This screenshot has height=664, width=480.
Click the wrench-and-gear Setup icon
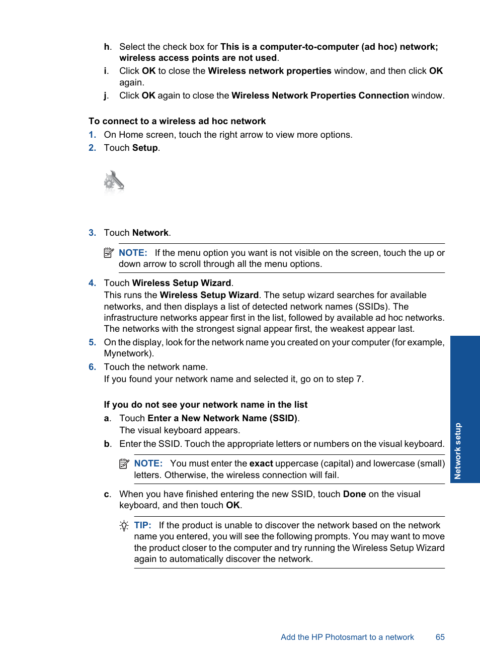coord(114,181)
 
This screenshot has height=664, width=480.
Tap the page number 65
coord(440,637)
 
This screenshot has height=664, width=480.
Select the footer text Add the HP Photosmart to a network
coord(347,637)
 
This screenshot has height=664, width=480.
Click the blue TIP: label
coord(142,525)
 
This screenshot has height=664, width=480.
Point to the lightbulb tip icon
coord(124,526)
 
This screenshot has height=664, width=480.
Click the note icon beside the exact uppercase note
coord(124,464)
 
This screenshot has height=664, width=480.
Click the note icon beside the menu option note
coord(109,253)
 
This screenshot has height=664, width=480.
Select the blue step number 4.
coord(92,283)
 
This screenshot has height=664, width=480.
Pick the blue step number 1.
coord(92,135)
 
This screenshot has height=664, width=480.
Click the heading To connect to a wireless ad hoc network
coord(177,121)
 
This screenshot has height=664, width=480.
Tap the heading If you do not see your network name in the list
coord(205,405)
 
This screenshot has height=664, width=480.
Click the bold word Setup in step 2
coord(145,148)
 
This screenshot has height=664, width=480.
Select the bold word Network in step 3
coord(150,233)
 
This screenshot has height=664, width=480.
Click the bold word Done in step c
coord(354,494)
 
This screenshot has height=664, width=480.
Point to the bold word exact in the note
coord(261,463)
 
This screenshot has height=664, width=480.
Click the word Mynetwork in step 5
coord(127,353)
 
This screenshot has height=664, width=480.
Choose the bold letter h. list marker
coord(107,47)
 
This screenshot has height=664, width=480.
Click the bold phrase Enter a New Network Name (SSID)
coord(222,418)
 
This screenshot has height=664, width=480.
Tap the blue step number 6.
coord(92,367)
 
